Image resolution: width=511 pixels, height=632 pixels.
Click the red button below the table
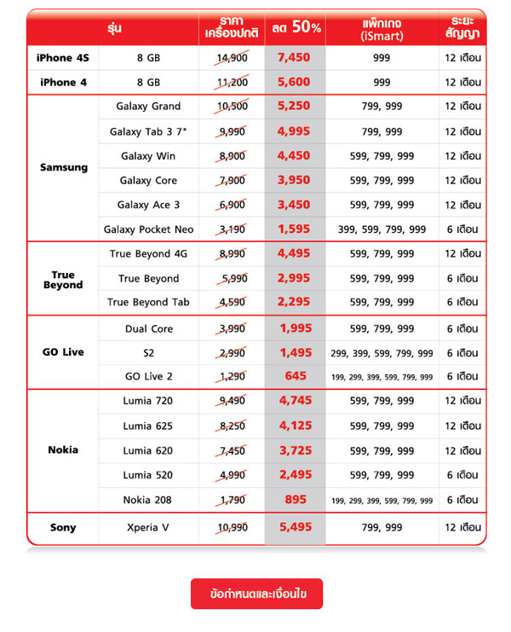[x=256, y=594]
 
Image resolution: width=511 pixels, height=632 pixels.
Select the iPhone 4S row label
[x=63, y=58]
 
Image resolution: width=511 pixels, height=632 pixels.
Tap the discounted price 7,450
[x=295, y=58]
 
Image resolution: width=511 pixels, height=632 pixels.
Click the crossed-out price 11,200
[x=233, y=83]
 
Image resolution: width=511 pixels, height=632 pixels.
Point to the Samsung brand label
[x=63, y=168]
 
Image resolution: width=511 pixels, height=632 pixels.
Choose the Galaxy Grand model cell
[x=148, y=107]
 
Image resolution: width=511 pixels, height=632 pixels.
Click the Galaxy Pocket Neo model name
[x=148, y=230]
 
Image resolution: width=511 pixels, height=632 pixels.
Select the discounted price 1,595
[x=295, y=230]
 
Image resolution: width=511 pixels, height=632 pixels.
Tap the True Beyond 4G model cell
[x=148, y=254]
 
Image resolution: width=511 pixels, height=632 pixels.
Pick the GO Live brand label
[x=63, y=352]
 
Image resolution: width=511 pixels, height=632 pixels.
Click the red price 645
[x=295, y=377]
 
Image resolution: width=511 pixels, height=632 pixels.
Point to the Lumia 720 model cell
[x=148, y=402]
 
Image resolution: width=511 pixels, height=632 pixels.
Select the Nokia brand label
[x=63, y=450]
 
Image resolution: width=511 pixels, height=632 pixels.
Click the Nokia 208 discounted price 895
[x=295, y=500]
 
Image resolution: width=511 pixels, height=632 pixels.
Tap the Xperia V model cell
[x=148, y=528]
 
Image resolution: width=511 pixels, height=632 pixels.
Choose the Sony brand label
[x=63, y=528]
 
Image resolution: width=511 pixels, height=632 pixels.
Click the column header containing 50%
[x=295, y=27]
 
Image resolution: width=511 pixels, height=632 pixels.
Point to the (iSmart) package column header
[x=382, y=28]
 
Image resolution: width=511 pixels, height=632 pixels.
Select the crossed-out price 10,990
[x=233, y=528]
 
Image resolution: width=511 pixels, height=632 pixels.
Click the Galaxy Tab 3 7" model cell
[x=148, y=131]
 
